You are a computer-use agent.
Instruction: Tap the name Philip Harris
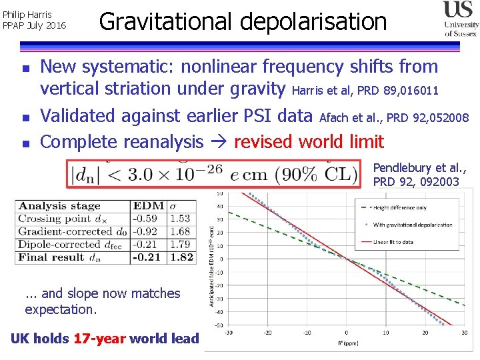click(x=28, y=14)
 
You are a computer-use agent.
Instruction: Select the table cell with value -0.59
click(x=145, y=219)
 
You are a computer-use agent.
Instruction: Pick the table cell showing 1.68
click(x=181, y=231)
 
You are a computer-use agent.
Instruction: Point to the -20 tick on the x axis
click(x=267, y=332)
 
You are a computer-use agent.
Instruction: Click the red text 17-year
click(x=99, y=339)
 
